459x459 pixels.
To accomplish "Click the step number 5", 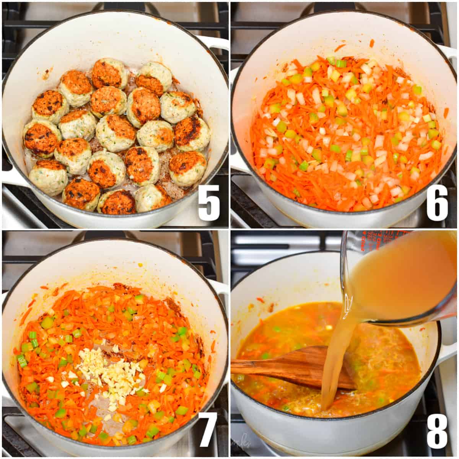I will coord(209,202).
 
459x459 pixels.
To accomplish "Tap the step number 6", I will coord(437,202).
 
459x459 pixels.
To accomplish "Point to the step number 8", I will coord(437,430).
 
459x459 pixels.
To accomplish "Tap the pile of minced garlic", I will coord(109,373).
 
